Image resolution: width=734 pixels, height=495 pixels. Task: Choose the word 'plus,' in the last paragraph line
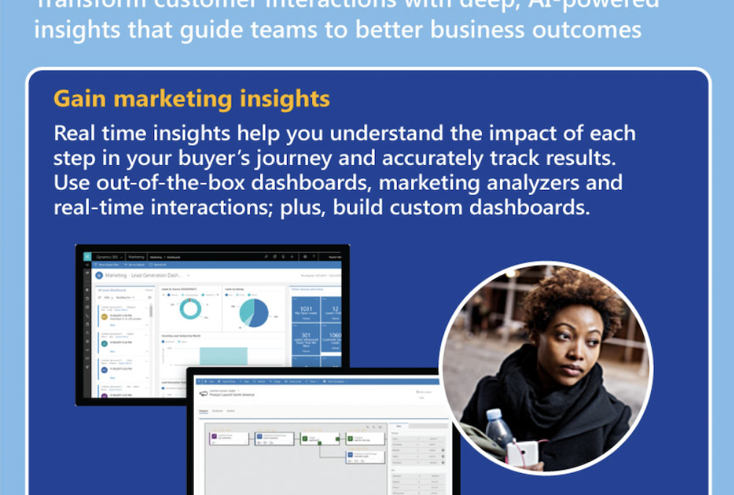pos(302,207)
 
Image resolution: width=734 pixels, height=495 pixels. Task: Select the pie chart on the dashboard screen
pos(254,312)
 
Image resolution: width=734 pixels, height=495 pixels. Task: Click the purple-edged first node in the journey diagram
pos(219,439)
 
